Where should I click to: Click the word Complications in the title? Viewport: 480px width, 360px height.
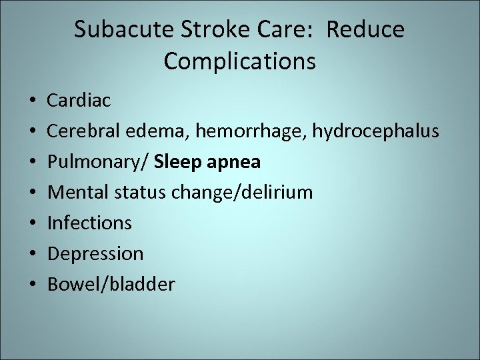click(239, 61)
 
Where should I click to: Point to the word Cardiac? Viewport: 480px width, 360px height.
click(79, 101)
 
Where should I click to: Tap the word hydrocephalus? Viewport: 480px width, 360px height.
click(374, 132)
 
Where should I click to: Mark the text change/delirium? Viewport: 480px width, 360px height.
click(242, 193)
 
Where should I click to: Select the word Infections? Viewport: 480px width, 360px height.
click(89, 223)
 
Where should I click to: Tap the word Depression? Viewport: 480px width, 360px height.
click(95, 254)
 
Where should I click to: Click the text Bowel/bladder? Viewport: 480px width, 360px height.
click(111, 285)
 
